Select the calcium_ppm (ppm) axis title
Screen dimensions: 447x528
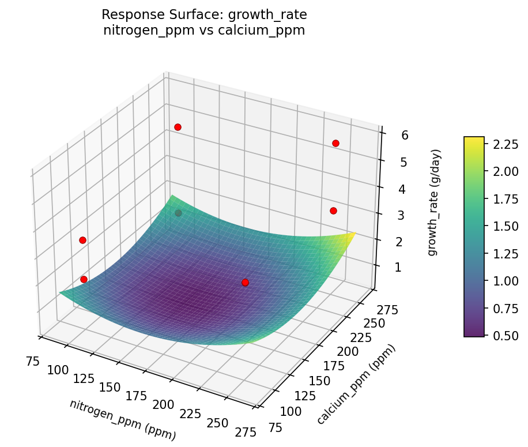click(x=357, y=385)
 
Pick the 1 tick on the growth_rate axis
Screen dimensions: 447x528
click(x=391, y=267)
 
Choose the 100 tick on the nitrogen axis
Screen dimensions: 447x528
click(x=58, y=370)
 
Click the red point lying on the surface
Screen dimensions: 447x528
click(x=245, y=283)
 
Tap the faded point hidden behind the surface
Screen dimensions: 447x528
click(x=178, y=213)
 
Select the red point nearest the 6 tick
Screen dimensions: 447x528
click(x=335, y=143)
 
